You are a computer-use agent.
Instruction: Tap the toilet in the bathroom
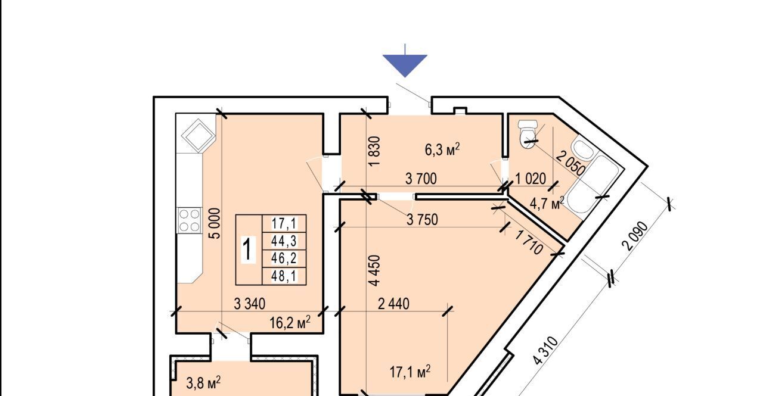tap(528, 134)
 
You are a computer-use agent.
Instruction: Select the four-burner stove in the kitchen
tap(190, 220)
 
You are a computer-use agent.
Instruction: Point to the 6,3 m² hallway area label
tap(442, 149)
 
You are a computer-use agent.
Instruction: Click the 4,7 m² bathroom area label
tap(547, 203)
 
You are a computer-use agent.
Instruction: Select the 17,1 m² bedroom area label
tap(410, 372)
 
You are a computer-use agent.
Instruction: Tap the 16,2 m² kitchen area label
tap(290, 322)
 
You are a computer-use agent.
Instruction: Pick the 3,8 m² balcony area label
tap(203, 383)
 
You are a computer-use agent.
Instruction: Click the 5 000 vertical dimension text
tap(216, 223)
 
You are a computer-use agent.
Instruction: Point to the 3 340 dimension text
tap(250, 304)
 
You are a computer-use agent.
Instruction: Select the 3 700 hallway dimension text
tap(421, 179)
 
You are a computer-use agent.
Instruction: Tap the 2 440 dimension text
tap(394, 304)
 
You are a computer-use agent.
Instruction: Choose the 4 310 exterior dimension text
tap(545, 351)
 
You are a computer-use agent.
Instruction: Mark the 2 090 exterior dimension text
tap(635, 236)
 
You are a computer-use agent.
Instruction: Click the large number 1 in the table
tap(249, 250)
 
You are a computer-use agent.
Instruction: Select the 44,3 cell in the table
tap(284, 241)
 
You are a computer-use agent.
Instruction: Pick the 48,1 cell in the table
tap(284, 276)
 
